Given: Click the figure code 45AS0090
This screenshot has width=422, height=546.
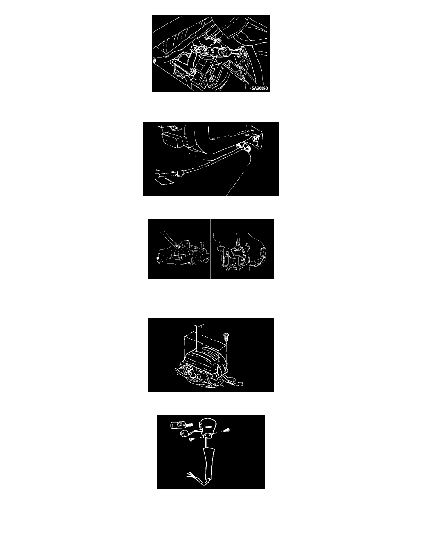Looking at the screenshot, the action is click(x=259, y=88).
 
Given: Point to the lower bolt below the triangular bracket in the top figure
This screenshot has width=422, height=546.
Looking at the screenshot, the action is click(x=193, y=72).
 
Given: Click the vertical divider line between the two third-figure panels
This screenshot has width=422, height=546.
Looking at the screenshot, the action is click(x=211, y=249).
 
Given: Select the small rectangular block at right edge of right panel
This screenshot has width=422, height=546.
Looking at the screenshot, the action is click(x=262, y=250).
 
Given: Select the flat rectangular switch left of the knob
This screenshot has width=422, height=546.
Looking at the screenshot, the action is click(x=177, y=425).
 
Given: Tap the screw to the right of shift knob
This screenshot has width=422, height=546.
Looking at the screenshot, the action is click(x=228, y=430).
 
